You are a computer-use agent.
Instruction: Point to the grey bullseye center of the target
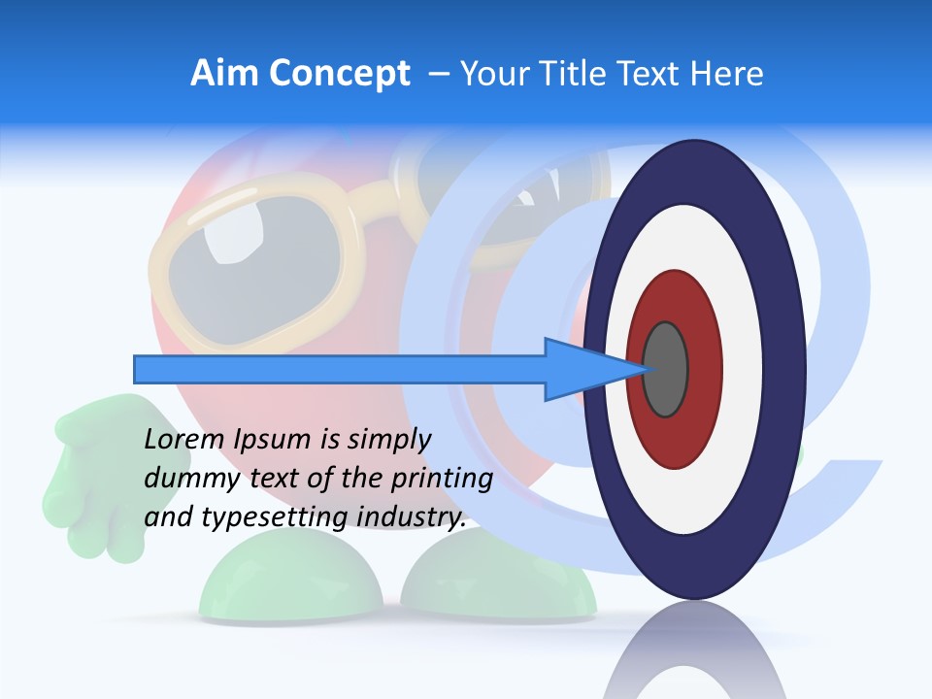[665, 370]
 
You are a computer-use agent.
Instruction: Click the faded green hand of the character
[92, 476]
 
